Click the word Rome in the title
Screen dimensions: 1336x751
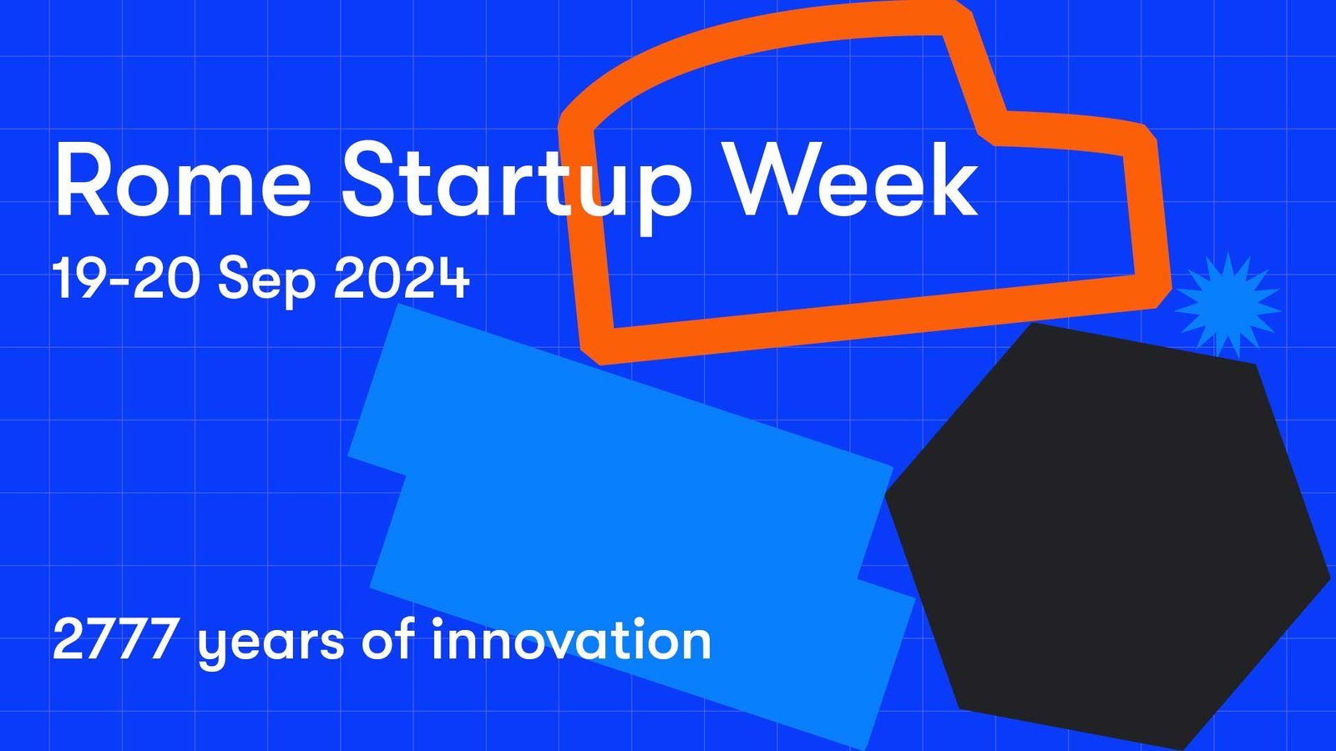(183, 179)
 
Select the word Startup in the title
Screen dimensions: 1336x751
(517, 186)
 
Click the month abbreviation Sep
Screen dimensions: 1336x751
(266, 282)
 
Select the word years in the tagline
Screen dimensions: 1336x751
(271, 646)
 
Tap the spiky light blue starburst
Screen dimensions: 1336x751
(1227, 305)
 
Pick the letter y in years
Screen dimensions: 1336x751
(215, 648)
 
